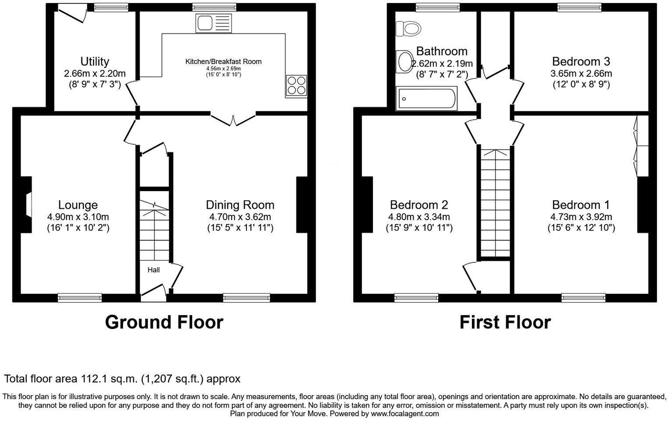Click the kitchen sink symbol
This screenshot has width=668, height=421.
(x=214, y=23)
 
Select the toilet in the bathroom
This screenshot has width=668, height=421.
(x=408, y=29)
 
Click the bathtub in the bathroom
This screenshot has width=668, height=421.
(x=426, y=99)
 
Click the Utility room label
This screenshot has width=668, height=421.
(x=95, y=61)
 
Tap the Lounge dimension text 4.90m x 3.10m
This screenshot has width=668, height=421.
(x=78, y=217)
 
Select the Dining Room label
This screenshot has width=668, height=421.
(x=240, y=205)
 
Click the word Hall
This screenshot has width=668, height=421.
(x=154, y=270)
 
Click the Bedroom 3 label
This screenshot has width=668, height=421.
(x=581, y=61)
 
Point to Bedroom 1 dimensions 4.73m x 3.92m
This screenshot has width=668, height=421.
(x=581, y=217)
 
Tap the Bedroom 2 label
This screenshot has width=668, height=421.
(x=418, y=205)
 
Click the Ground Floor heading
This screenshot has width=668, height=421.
(x=164, y=322)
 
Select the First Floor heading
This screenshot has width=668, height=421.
(x=505, y=322)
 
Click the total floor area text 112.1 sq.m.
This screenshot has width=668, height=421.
(x=122, y=379)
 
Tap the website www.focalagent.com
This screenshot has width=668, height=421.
(x=404, y=414)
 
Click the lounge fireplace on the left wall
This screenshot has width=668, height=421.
(x=27, y=205)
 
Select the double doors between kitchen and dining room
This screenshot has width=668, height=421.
(x=233, y=119)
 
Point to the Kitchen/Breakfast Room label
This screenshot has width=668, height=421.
(x=223, y=61)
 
